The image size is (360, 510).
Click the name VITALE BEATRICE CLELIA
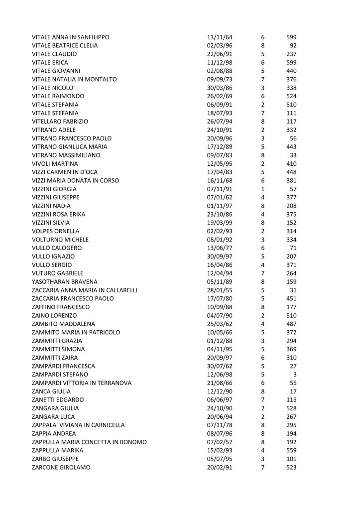(x=65, y=45)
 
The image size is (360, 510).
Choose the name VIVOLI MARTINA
(x=55, y=163)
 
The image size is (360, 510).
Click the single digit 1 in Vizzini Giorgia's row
(x=262, y=189)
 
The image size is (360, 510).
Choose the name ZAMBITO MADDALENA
(x=60, y=324)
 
